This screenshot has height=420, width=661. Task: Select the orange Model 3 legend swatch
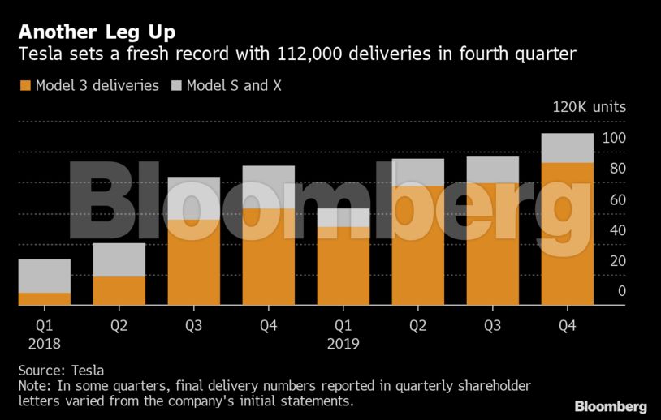[24, 85]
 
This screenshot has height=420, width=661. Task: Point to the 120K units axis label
[589, 107]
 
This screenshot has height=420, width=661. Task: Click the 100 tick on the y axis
[614, 138]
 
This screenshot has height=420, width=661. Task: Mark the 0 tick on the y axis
[621, 291]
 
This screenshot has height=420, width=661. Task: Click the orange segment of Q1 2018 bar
[44, 298]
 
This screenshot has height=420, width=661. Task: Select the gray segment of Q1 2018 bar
[44, 276]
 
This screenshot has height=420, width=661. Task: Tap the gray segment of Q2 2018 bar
[119, 259]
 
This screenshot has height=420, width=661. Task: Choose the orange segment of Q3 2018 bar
[193, 262]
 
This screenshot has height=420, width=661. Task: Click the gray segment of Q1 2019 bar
[343, 217]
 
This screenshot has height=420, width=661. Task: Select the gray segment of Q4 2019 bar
[567, 148]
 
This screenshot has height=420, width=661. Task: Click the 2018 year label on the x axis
[44, 343]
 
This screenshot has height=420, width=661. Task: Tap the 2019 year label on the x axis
[343, 343]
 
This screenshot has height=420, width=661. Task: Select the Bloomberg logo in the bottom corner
[611, 406]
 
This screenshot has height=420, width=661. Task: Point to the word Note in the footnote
[33, 386]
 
